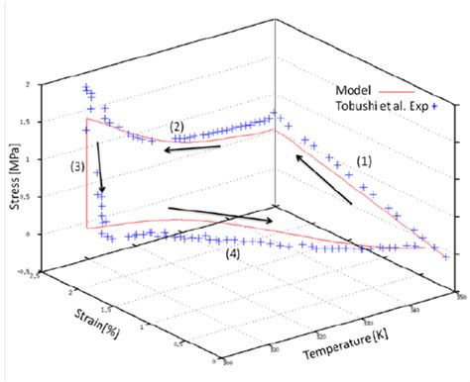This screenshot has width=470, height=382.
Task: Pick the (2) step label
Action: point(176,126)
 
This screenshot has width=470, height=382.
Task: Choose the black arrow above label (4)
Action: point(221,215)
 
